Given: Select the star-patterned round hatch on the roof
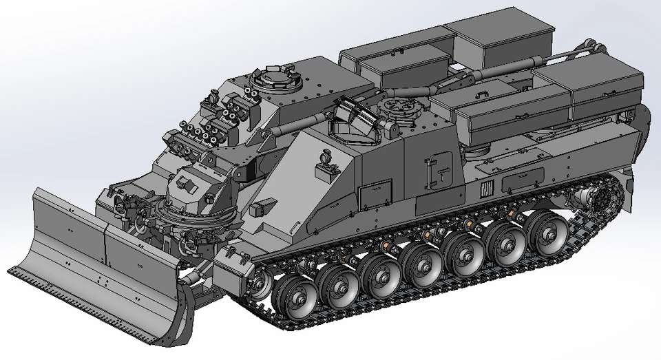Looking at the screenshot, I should coord(397,107).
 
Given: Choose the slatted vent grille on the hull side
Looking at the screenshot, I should coord(486,188).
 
